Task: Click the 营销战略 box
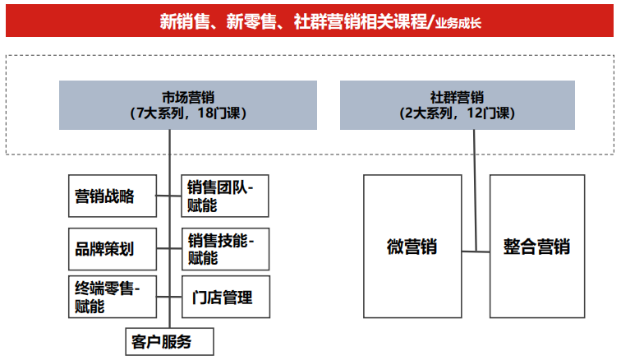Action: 113,196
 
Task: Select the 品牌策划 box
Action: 113,249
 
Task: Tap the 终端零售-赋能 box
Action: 113,297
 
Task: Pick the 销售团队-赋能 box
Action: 225,196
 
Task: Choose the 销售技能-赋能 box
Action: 225,249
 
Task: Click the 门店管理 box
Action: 226,297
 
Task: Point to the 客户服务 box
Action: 169,341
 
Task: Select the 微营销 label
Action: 412,247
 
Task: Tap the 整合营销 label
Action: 536,247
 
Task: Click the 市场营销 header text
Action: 188,98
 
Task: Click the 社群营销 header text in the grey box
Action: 457,98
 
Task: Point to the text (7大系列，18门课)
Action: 188,113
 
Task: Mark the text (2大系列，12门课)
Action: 457,113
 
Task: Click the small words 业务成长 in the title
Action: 458,23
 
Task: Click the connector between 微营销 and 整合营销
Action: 476,252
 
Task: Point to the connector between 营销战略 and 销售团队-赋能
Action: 168,196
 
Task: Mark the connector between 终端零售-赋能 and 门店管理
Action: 169,297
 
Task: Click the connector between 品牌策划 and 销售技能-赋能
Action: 169,248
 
